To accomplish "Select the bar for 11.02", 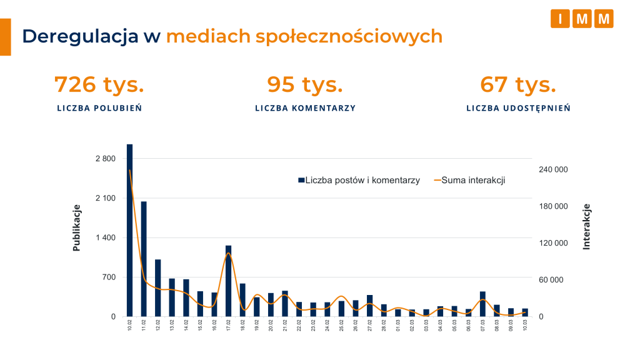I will click(x=144, y=259).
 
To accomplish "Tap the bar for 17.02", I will click(x=229, y=281).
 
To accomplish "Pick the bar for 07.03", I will click(x=482, y=304).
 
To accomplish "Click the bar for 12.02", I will click(x=158, y=287).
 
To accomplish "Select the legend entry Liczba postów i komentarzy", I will click(x=359, y=180).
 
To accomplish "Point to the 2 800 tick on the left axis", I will click(x=105, y=159).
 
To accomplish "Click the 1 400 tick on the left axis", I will click(x=105, y=237).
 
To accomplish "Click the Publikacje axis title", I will click(x=77, y=227).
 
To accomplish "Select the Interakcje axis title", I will click(x=586, y=226).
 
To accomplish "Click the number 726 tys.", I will click(x=99, y=84).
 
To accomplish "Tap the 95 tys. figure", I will click(x=305, y=84).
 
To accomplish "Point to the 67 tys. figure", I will click(x=518, y=84).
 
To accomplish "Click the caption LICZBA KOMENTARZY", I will click(x=305, y=108).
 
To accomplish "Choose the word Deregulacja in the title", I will click(x=80, y=36).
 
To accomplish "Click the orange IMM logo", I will click(x=582, y=19).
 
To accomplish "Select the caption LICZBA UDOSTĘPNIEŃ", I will click(x=518, y=108).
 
